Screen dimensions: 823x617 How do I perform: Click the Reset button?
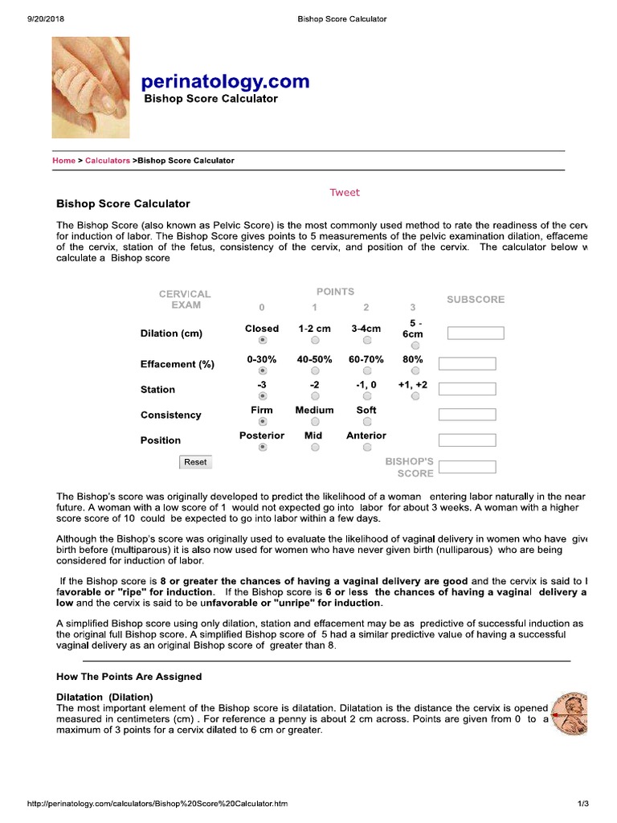[195, 462]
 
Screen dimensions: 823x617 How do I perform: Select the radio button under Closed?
[262, 341]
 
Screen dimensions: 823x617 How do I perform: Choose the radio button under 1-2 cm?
[315, 341]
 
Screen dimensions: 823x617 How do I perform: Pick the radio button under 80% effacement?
[415, 371]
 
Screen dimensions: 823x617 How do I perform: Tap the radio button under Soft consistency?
[366, 422]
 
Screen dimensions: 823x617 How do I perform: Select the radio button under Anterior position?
[366, 448]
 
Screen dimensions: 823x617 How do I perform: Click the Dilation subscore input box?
[476, 333]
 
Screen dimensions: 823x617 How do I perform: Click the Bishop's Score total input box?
[468, 467]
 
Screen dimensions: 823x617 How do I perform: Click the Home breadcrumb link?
[63, 161]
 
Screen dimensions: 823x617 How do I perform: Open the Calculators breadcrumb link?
[108, 161]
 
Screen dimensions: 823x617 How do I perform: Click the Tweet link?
[345, 193]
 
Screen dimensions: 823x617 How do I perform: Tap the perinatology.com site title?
[225, 81]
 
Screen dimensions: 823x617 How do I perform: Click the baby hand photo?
[91, 87]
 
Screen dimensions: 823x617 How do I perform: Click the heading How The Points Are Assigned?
[129, 677]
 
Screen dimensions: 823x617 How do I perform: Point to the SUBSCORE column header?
[476, 300]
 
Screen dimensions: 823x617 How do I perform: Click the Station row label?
[157, 390]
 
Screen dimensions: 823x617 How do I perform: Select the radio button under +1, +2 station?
[415, 396]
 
